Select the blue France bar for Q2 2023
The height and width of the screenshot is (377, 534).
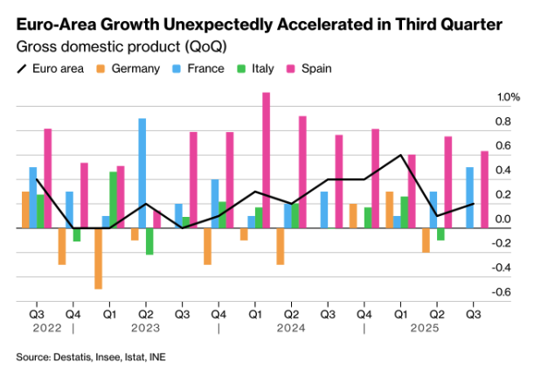click(142, 172)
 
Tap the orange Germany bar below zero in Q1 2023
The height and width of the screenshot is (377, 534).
click(98, 258)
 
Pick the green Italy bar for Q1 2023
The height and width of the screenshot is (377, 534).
click(113, 199)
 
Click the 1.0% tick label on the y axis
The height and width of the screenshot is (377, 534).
click(509, 97)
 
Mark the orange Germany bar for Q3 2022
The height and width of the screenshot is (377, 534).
click(25, 209)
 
